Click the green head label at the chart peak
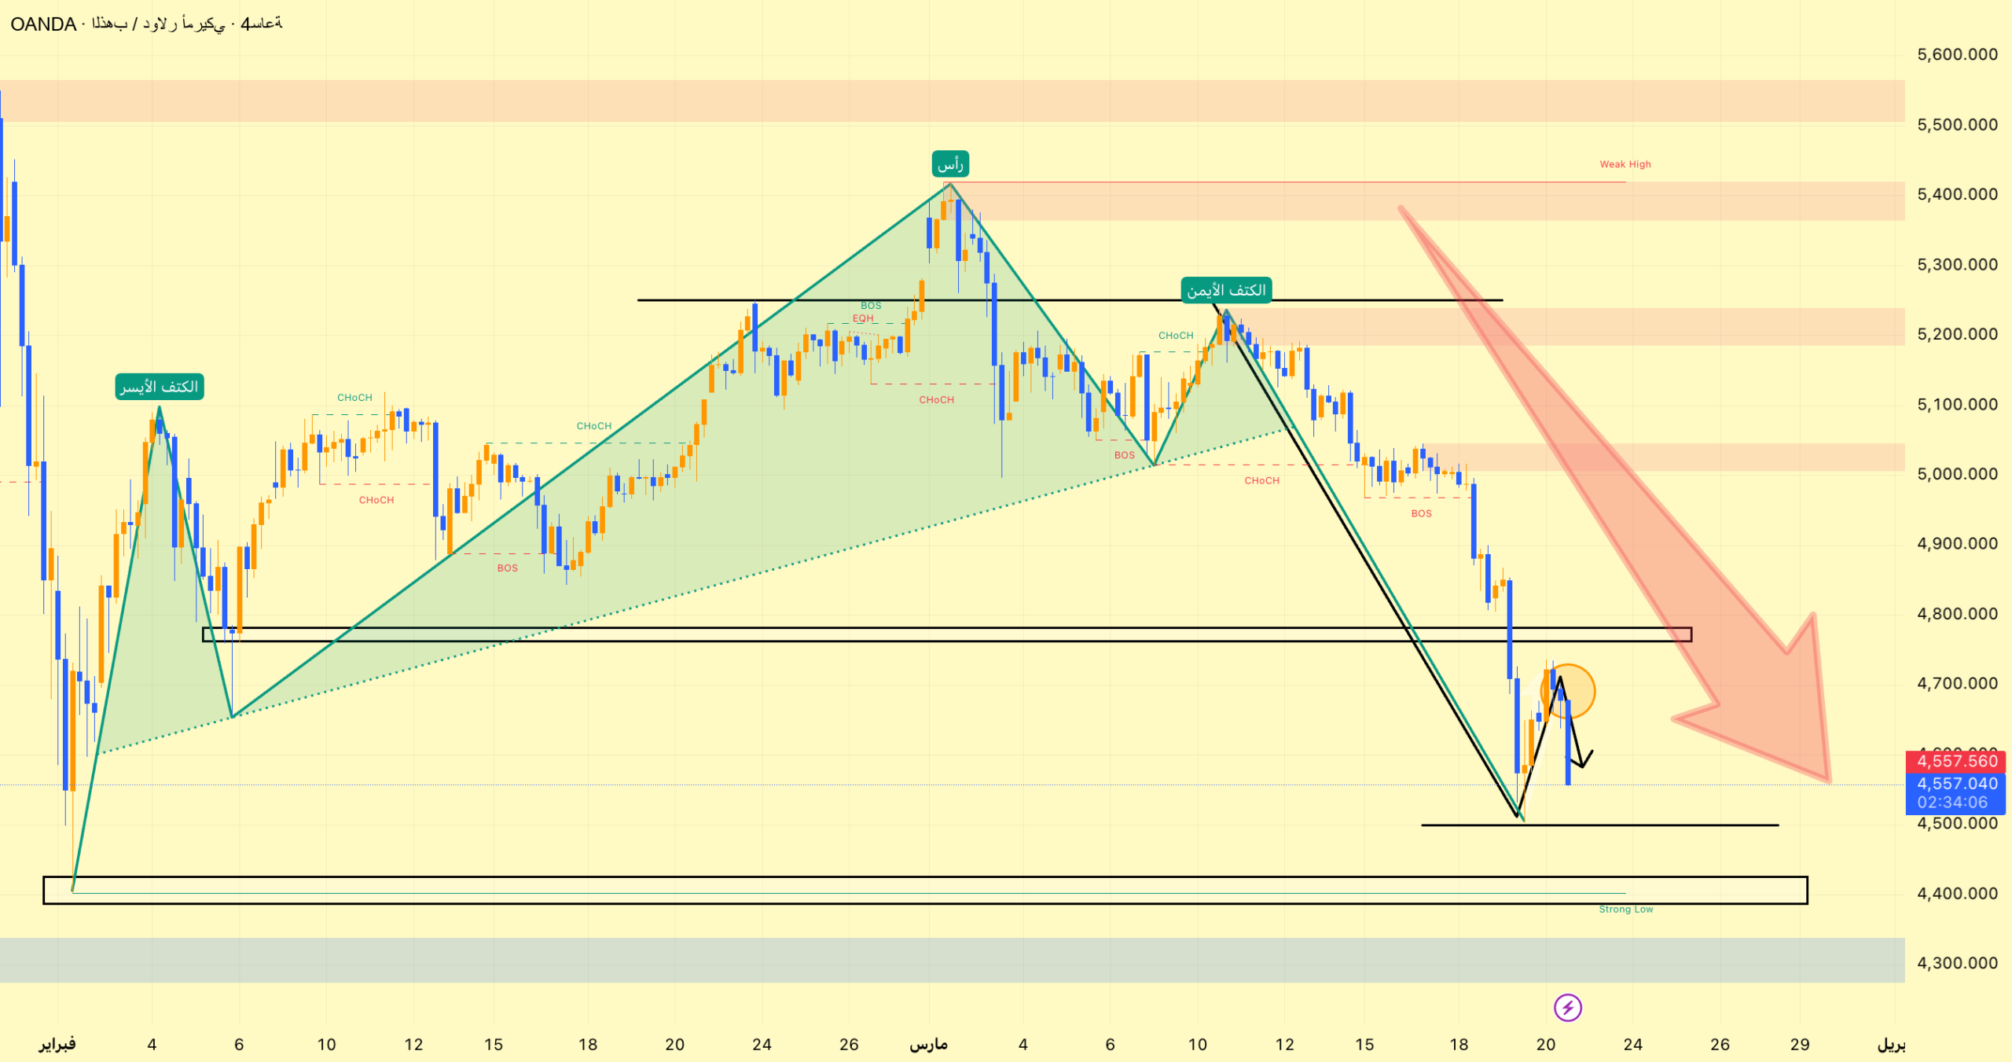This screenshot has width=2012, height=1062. (x=950, y=164)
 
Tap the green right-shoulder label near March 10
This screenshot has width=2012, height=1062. (x=1226, y=290)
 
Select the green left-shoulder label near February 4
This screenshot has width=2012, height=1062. (x=160, y=386)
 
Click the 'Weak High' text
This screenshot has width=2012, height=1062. (x=1625, y=164)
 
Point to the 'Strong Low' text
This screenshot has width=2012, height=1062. (x=1625, y=909)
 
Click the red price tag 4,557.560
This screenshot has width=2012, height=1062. (x=1955, y=761)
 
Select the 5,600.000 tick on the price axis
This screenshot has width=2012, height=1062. (x=1956, y=54)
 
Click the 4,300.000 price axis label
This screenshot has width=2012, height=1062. (x=1956, y=963)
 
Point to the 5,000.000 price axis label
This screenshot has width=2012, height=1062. (x=1956, y=474)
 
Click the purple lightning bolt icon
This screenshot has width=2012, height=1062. (x=1567, y=1007)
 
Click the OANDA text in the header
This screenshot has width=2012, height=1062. (x=43, y=24)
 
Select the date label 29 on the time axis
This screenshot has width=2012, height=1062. (x=1800, y=1045)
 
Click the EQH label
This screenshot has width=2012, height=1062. (x=863, y=318)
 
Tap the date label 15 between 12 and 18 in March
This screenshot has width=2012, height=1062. (x=1364, y=1045)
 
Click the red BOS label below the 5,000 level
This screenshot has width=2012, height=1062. (x=1421, y=513)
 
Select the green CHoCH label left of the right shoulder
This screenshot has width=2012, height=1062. (x=1176, y=336)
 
